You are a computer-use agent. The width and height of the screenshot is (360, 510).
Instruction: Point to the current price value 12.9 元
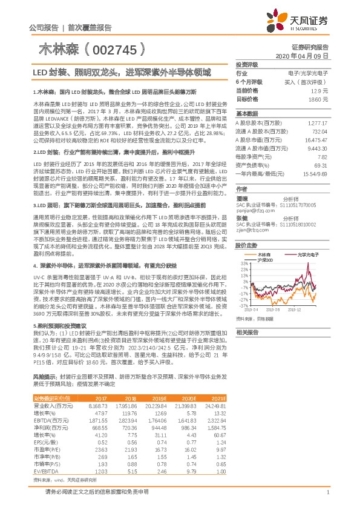pos(319,90)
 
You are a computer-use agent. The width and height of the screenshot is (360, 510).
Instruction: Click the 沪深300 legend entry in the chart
pos(266,260)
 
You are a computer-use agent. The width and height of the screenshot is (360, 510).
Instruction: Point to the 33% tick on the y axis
pos(244,264)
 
